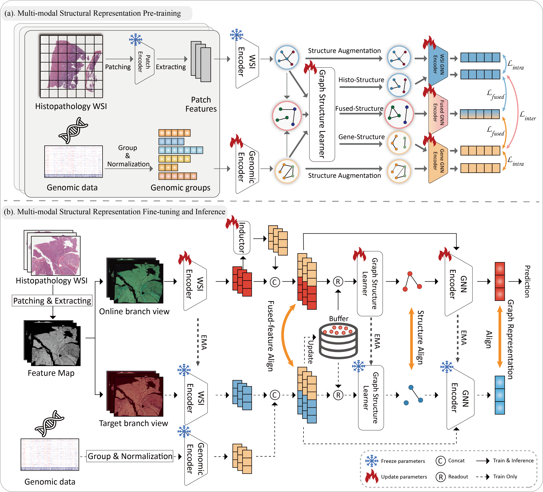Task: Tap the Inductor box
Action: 242,237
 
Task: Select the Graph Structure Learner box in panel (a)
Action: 322,114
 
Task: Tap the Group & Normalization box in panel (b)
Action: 130,456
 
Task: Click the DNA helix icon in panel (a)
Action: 73,130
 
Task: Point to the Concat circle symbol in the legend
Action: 440,461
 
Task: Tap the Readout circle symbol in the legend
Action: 440,477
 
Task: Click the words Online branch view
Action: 134,311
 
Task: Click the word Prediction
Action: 527,281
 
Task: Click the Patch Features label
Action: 201,104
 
